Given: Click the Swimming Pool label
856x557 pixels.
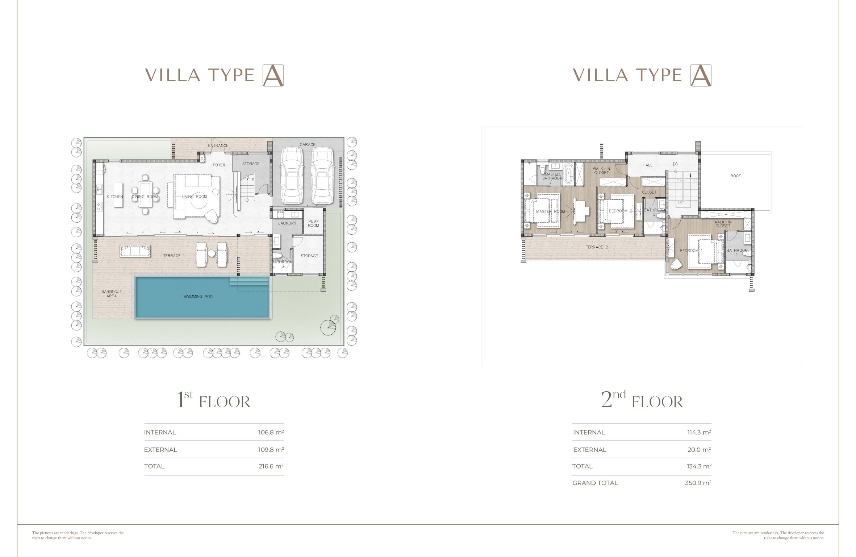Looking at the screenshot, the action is pyautogui.click(x=199, y=297).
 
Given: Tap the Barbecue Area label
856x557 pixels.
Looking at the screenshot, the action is pyautogui.click(x=112, y=294).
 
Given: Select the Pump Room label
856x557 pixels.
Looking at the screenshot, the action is pyautogui.click(x=313, y=223).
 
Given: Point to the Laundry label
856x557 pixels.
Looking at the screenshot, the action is pyautogui.click(x=287, y=223).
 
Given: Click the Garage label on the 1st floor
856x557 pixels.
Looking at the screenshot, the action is pyautogui.click(x=308, y=145).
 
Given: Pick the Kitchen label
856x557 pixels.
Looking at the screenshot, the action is pyautogui.click(x=115, y=197).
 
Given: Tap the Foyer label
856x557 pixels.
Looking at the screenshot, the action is pyautogui.click(x=219, y=165).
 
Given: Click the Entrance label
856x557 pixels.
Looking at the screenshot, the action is pyautogui.click(x=218, y=145).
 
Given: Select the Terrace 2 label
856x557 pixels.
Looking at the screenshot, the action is pyautogui.click(x=597, y=247).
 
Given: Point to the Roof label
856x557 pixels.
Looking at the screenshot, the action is pyautogui.click(x=735, y=176).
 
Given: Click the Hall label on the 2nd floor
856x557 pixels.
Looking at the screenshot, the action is pyautogui.click(x=647, y=165).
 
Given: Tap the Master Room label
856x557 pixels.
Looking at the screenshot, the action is pyautogui.click(x=550, y=211).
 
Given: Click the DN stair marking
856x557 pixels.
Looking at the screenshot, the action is pyautogui.click(x=676, y=164).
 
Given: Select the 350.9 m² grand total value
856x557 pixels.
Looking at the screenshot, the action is pyautogui.click(x=698, y=483).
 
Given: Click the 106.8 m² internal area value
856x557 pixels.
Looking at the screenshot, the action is pyautogui.click(x=271, y=432).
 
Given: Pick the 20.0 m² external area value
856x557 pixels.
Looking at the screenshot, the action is pyautogui.click(x=699, y=450).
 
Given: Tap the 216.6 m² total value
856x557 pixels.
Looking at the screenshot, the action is pyautogui.click(x=271, y=466).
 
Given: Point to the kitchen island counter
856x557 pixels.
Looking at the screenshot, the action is pyautogui.click(x=118, y=195).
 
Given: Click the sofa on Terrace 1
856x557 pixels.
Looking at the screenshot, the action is pyautogui.click(x=135, y=251).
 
